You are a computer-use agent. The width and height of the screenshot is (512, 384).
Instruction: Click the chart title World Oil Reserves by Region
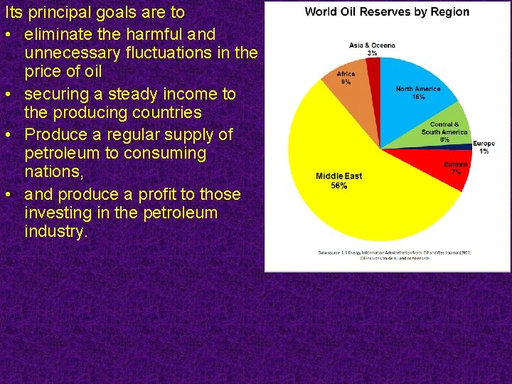(x=387, y=11)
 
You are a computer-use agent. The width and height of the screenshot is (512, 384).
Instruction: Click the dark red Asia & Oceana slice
(x=373, y=65)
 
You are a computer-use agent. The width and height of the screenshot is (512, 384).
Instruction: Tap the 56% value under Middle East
(x=338, y=186)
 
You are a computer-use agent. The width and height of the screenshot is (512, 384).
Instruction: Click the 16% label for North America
(x=418, y=97)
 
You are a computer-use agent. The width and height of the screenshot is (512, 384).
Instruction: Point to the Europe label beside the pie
(x=484, y=144)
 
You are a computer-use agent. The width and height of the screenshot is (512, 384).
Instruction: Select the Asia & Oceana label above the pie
(x=372, y=46)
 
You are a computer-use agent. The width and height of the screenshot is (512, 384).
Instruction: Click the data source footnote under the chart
(x=394, y=255)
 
